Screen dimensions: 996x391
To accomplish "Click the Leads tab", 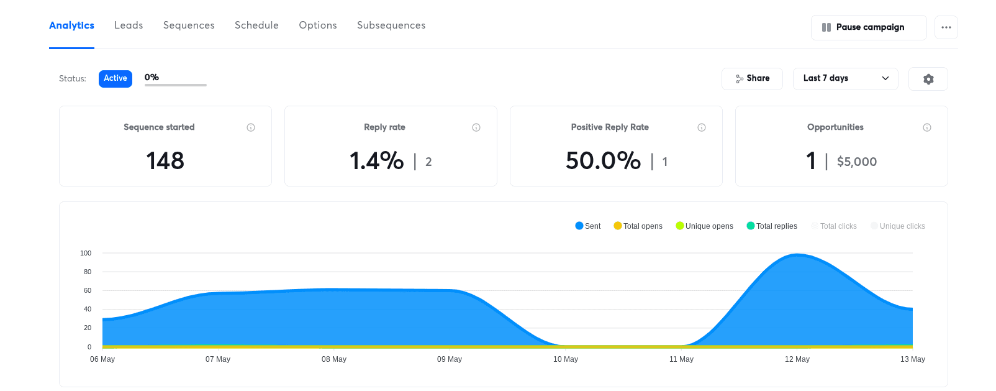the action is point(129,25).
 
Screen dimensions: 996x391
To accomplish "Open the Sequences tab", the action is point(189,25).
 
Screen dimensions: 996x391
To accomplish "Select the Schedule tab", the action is point(256,25).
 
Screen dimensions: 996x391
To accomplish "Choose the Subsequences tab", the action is point(391,25).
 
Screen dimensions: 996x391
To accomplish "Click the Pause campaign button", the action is point(869,27).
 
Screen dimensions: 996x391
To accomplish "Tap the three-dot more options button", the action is point(946,27).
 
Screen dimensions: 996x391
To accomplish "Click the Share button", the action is point(752,79).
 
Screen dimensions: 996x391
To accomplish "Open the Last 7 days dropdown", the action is point(845,79).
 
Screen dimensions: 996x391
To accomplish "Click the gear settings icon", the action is point(928,80).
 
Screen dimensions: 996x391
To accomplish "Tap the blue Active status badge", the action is point(115,78).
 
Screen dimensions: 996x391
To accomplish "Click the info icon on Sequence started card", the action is point(251,128).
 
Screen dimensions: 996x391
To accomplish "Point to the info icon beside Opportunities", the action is point(927,128).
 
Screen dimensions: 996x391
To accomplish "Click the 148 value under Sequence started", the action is point(165,161).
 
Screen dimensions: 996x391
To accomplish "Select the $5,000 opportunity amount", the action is point(857,162).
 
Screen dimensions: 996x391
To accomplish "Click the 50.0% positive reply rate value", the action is point(603,161).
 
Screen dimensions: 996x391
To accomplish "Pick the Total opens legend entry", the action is point(638,226).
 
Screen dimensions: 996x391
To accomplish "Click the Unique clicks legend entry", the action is point(898,226).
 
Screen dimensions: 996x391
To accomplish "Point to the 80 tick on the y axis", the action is point(88,272).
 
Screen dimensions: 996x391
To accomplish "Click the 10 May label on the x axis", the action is point(566,359).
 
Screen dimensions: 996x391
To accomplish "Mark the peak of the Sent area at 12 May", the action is point(798,254).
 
